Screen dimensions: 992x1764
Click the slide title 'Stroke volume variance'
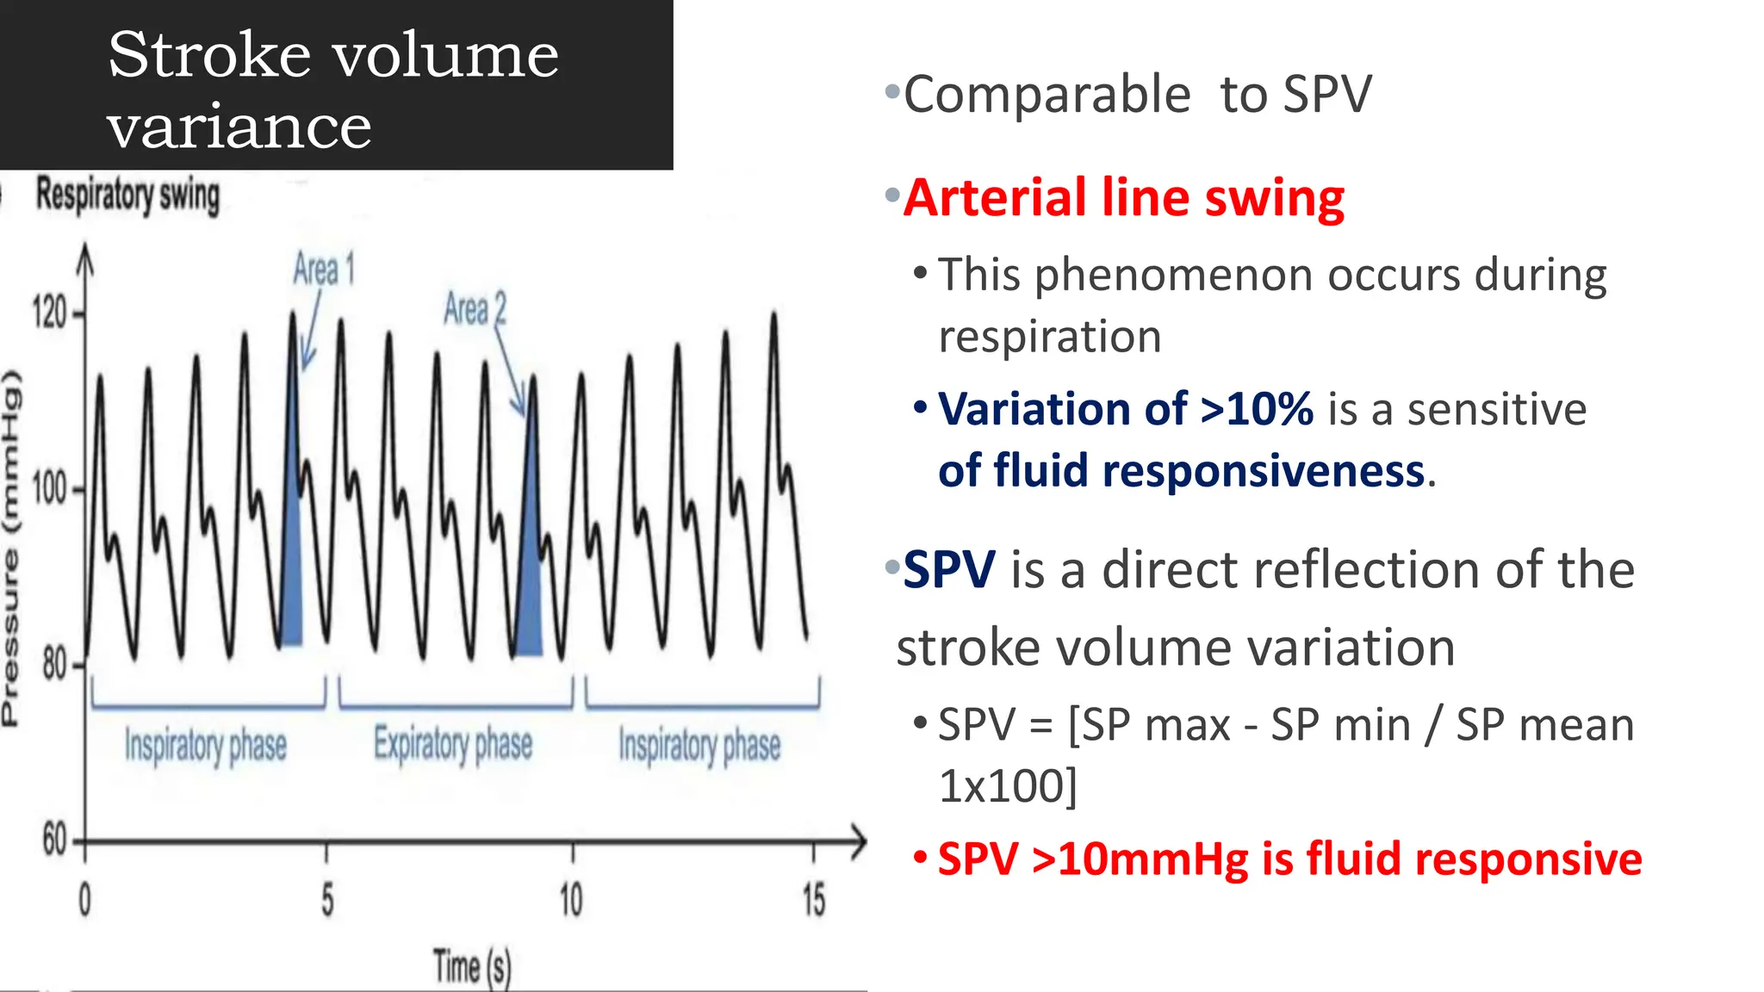coord(333,90)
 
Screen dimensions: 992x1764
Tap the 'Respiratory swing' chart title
coord(127,195)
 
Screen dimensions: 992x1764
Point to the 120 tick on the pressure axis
coord(50,313)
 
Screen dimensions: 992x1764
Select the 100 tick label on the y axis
coord(50,489)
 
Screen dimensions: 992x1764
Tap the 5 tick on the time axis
coord(327,901)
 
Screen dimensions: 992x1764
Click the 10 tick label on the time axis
coord(571,901)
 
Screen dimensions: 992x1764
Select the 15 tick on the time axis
coord(813,901)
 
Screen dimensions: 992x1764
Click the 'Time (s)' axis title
coord(472,966)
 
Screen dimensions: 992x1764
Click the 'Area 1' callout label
coord(324,270)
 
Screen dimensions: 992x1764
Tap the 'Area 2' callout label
coord(475,308)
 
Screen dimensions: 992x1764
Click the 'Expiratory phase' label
coord(453,744)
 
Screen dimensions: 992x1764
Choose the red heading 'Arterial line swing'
coord(1124,198)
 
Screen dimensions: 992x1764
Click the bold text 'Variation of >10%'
coord(1126,409)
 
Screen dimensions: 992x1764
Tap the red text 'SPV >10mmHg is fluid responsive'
coord(1289,859)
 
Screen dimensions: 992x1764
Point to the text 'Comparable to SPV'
coord(1137,94)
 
